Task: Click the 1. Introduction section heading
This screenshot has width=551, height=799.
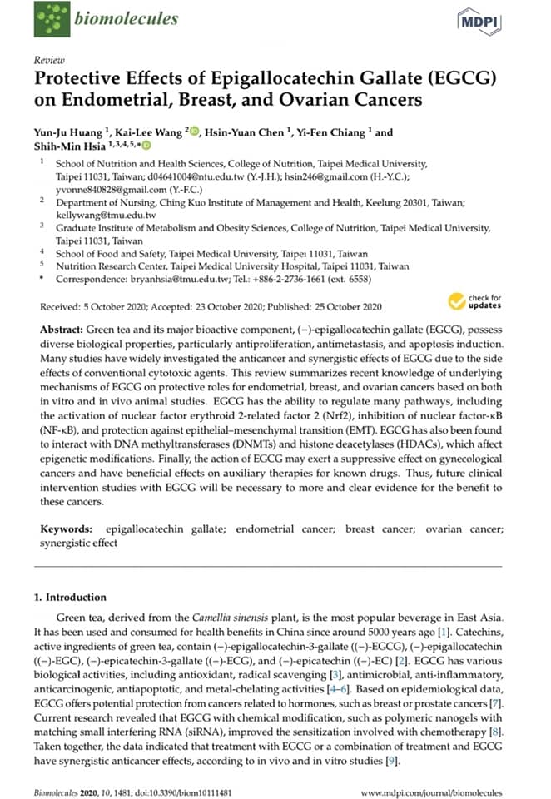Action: [70, 597]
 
